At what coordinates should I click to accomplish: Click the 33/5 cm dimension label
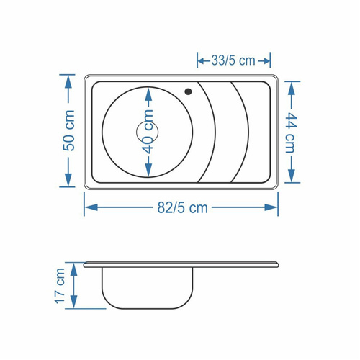233,60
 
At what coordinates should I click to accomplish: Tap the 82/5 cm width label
182,208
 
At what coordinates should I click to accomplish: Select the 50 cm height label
69,130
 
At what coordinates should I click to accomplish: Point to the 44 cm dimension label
291,132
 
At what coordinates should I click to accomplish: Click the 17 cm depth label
60,286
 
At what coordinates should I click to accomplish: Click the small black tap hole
188,91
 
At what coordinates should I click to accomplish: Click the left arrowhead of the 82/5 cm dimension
91,207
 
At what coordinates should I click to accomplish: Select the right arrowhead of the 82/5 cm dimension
271,207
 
